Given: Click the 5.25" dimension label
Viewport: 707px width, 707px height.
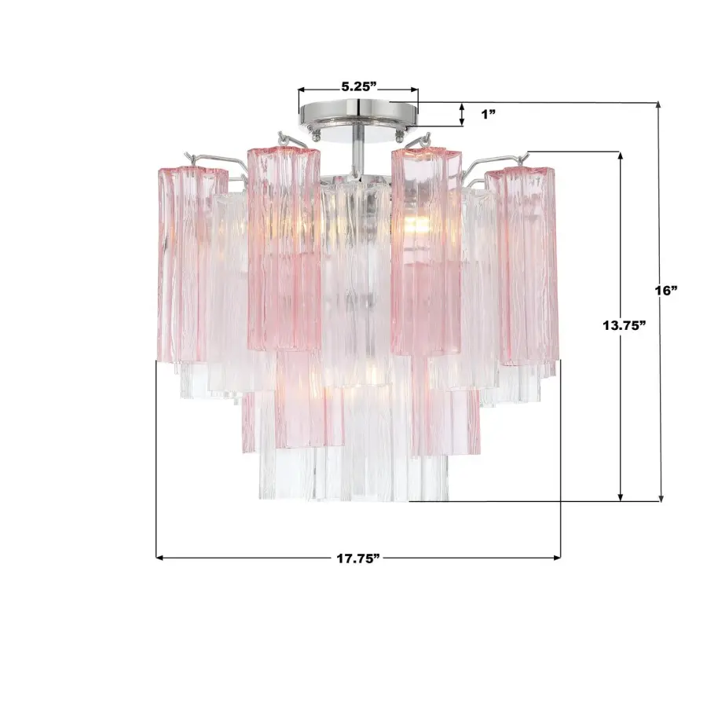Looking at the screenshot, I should click(358, 86).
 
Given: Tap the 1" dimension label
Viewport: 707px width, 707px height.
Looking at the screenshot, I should click(489, 114).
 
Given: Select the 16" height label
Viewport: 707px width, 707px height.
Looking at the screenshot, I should click(666, 290).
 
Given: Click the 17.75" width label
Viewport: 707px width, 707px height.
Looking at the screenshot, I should click(358, 558).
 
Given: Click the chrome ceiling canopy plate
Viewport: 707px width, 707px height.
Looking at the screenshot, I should click(358, 112).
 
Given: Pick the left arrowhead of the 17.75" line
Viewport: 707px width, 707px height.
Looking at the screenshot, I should click(160, 558).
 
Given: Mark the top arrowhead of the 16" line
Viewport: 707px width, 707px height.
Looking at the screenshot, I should click(659, 106).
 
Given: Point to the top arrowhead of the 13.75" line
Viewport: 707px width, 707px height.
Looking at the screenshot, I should click(621, 155).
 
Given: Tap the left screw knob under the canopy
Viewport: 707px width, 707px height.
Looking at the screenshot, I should click(316, 136).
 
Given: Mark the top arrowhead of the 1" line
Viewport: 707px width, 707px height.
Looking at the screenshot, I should click(462, 105).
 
